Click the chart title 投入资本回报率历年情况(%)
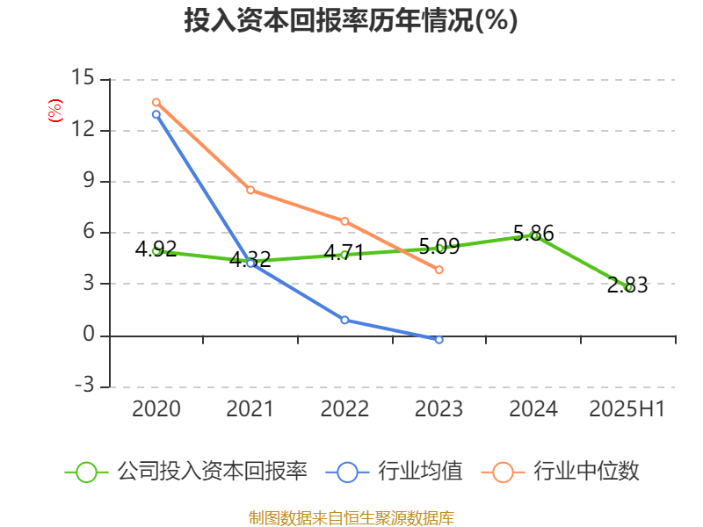(x=351, y=21)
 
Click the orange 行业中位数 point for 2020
(x=156, y=103)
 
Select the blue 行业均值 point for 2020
(x=156, y=114)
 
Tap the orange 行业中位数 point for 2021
(x=250, y=190)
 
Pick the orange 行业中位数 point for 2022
(x=344, y=221)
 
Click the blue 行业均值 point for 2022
(x=344, y=320)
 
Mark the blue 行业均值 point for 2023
(x=439, y=339)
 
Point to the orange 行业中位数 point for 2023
(x=439, y=270)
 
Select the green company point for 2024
(x=533, y=235)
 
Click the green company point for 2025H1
(x=627, y=287)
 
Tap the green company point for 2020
(x=156, y=251)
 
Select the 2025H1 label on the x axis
(x=627, y=409)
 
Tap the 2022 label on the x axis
(x=344, y=409)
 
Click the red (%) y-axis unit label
(x=55, y=111)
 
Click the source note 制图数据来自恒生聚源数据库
(x=351, y=517)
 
